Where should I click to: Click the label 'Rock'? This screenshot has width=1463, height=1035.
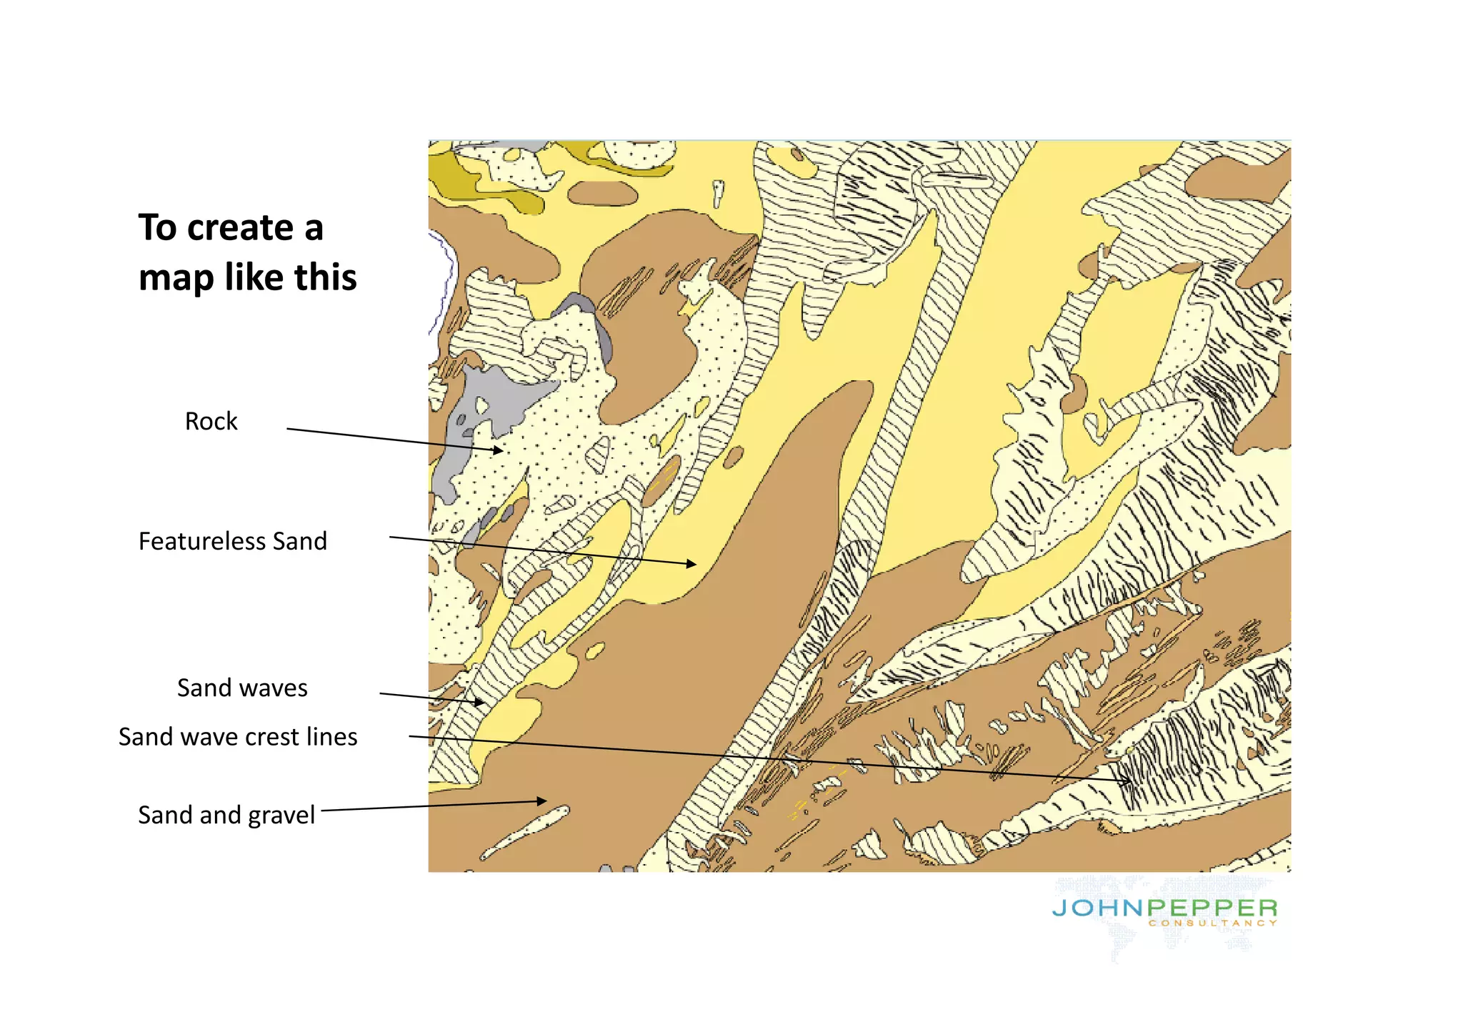point(211,421)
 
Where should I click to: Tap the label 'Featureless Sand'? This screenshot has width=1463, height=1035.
point(232,541)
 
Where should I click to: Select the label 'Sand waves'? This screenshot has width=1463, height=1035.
point(242,688)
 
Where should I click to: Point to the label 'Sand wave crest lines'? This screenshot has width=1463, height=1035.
point(238,737)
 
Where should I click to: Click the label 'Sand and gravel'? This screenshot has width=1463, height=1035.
point(226,815)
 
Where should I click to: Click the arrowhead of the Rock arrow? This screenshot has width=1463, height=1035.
point(499,450)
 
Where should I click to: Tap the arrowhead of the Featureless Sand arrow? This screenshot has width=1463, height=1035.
point(692,564)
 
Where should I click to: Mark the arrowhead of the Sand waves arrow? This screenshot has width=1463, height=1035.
point(481,703)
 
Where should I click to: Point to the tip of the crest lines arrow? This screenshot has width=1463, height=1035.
point(1129,781)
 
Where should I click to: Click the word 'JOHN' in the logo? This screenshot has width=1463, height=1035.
point(1098,908)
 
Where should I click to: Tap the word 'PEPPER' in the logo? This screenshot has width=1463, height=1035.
point(1212,908)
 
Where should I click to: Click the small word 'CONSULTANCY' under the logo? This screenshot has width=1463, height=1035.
point(1212,923)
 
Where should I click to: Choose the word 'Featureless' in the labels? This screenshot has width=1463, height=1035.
point(202,541)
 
